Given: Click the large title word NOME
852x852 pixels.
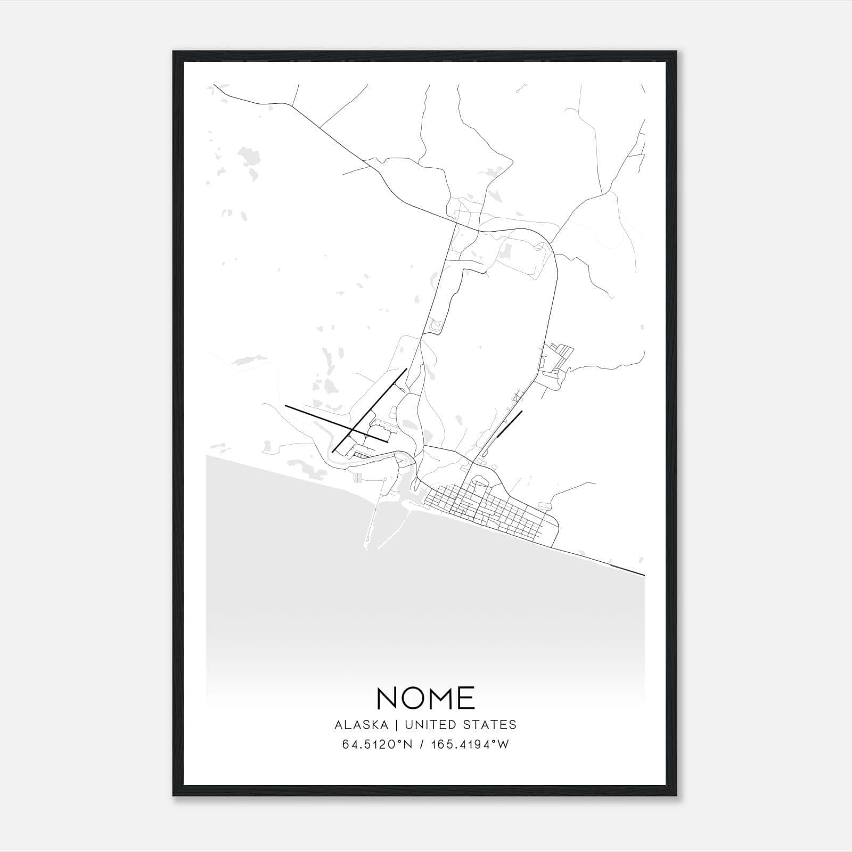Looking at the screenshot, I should pyautogui.click(x=425, y=698).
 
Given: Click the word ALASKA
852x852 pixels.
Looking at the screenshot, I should pyautogui.click(x=362, y=725).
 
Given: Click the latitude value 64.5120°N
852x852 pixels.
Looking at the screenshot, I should pyautogui.click(x=378, y=744).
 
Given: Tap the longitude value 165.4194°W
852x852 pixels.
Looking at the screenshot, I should pyautogui.click(x=471, y=744).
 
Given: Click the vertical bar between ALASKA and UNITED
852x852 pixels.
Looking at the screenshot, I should pyautogui.click(x=396, y=725).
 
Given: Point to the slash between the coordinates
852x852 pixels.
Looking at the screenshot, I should pyautogui.click(x=421, y=744).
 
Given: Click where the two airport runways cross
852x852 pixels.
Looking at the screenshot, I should pyautogui.click(x=354, y=429).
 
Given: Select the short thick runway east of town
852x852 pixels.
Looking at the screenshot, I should pyautogui.click(x=509, y=424).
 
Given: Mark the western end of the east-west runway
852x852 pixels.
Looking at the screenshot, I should pyautogui.click(x=286, y=406).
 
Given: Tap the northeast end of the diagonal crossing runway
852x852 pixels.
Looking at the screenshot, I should pyautogui.click(x=406, y=369).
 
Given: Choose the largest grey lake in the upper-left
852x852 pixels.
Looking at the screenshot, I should pyautogui.click(x=249, y=158).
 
